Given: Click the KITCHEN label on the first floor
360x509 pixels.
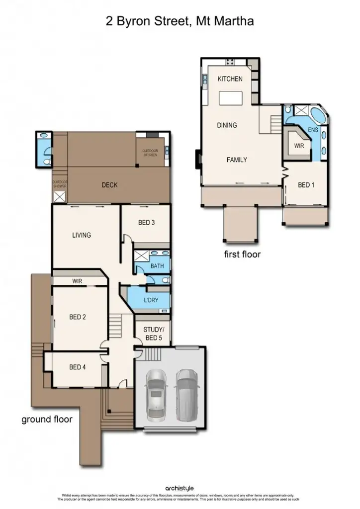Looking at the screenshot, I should coord(230,79).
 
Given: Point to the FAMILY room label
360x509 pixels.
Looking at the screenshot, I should coord(237,160).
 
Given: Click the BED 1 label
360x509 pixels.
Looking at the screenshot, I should coord(306,185).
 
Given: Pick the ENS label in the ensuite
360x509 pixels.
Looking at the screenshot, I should coord(313,130).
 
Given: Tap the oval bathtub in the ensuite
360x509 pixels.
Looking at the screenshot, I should coord(316,116).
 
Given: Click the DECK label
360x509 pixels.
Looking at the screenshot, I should coord(109,185).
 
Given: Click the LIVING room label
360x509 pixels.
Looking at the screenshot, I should coord(81,235).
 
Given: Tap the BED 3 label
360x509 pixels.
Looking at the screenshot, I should coord(146,223).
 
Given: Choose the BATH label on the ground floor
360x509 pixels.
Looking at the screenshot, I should coord(157,266).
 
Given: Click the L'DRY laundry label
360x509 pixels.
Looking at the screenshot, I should coord(151,301).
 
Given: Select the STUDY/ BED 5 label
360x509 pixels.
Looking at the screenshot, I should coord(153,334).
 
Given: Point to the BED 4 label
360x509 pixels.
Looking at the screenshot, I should coord(78,367).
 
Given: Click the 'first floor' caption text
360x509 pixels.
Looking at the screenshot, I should coord(242,254).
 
